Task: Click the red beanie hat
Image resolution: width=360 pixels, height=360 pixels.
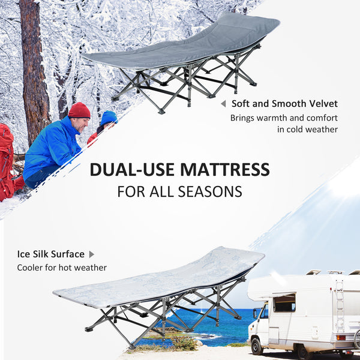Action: coord(79,110)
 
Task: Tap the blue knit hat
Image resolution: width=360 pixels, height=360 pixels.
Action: coord(109,118)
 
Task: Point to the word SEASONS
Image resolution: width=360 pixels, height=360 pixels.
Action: coord(210,191)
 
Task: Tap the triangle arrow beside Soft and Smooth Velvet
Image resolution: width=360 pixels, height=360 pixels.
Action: coord(223,104)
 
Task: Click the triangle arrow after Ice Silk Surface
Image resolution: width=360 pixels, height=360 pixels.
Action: coord(92,254)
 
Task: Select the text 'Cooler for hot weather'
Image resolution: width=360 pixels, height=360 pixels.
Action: coord(62,268)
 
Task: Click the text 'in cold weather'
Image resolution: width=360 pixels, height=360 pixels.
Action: coord(307,129)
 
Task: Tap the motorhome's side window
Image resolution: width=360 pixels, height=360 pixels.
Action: coord(284,303)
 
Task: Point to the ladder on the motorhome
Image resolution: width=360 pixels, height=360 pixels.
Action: coord(340,306)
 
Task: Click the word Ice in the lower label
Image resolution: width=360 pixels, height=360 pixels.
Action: coord(25,254)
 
